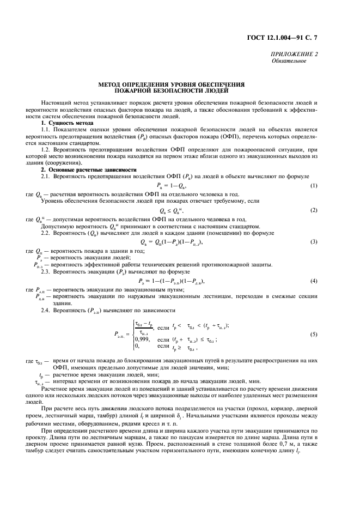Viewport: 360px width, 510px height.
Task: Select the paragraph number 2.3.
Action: pyautogui.click(x=46, y=271)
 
